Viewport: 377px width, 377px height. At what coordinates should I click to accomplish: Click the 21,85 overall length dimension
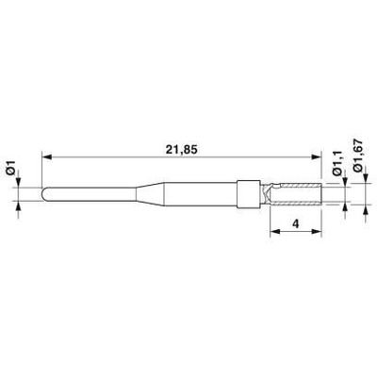click(182, 150)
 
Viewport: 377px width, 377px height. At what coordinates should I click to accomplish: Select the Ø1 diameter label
click(11, 167)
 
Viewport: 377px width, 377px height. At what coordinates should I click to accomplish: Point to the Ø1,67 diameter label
click(357, 156)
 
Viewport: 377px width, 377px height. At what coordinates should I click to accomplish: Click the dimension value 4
click(296, 224)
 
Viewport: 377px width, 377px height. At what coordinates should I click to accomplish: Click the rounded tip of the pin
click(44, 194)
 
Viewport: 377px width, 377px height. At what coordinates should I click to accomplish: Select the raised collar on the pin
click(249, 194)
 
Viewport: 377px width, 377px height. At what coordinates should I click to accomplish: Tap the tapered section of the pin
click(150, 194)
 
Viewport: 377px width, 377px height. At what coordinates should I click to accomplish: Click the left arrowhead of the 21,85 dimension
click(46, 156)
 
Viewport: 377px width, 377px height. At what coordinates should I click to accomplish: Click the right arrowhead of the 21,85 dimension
click(317, 156)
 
